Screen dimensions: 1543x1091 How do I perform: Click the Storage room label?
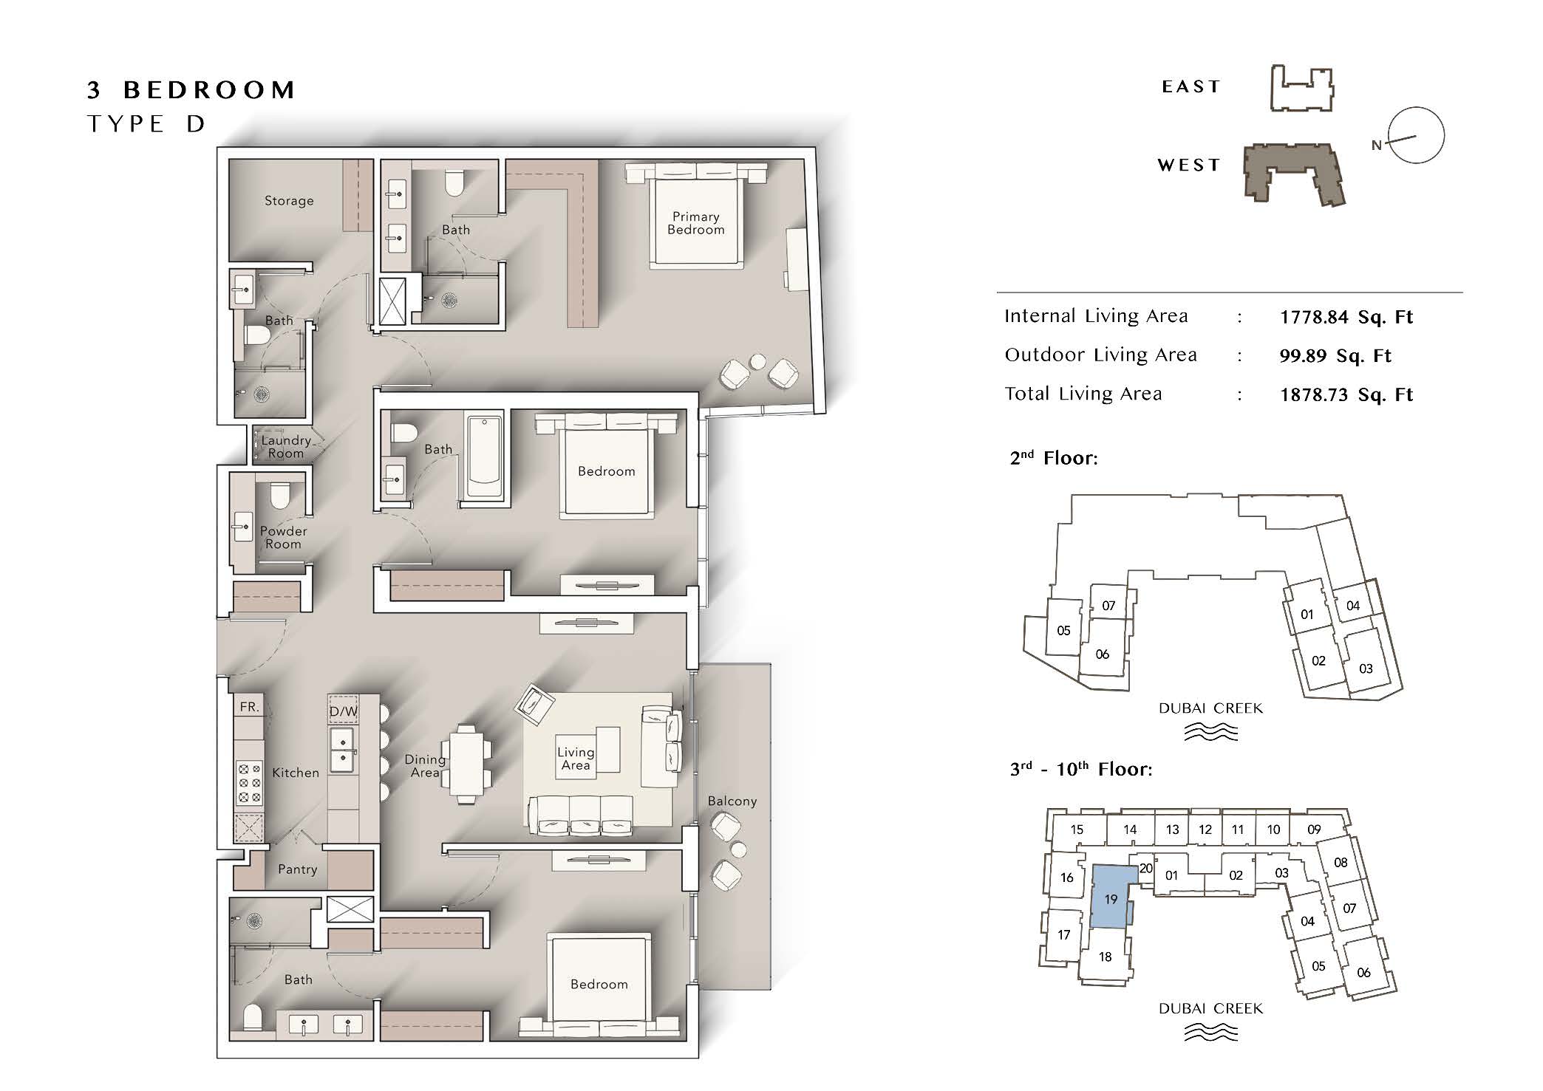pos(289,201)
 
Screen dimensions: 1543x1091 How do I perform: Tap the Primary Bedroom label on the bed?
pos(696,223)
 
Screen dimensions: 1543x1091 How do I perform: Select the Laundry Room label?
pos(286,447)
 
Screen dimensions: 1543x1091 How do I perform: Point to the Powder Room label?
pos(284,538)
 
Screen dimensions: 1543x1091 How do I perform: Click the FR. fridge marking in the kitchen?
pos(250,707)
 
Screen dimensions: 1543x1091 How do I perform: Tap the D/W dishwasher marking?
pos(343,711)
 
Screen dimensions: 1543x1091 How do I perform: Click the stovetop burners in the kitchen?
pos(249,783)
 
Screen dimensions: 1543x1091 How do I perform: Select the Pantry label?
pos(298,870)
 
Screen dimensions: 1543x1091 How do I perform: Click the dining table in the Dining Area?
pos(466,764)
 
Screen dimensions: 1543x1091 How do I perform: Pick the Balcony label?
pos(732,801)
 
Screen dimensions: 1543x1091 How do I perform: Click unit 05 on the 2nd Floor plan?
pos(1063,630)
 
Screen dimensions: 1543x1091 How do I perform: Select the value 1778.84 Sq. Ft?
pos(1346,318)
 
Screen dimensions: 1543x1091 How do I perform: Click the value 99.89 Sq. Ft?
pos(1335,356)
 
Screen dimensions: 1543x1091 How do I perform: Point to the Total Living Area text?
pos(1083,394)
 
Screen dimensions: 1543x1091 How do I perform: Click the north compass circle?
pos(1417,135)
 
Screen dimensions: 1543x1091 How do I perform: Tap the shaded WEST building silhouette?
pos(1293,174)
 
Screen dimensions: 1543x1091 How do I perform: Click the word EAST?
pos(1191,87)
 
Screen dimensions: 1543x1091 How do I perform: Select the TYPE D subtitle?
pos(146,124)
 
